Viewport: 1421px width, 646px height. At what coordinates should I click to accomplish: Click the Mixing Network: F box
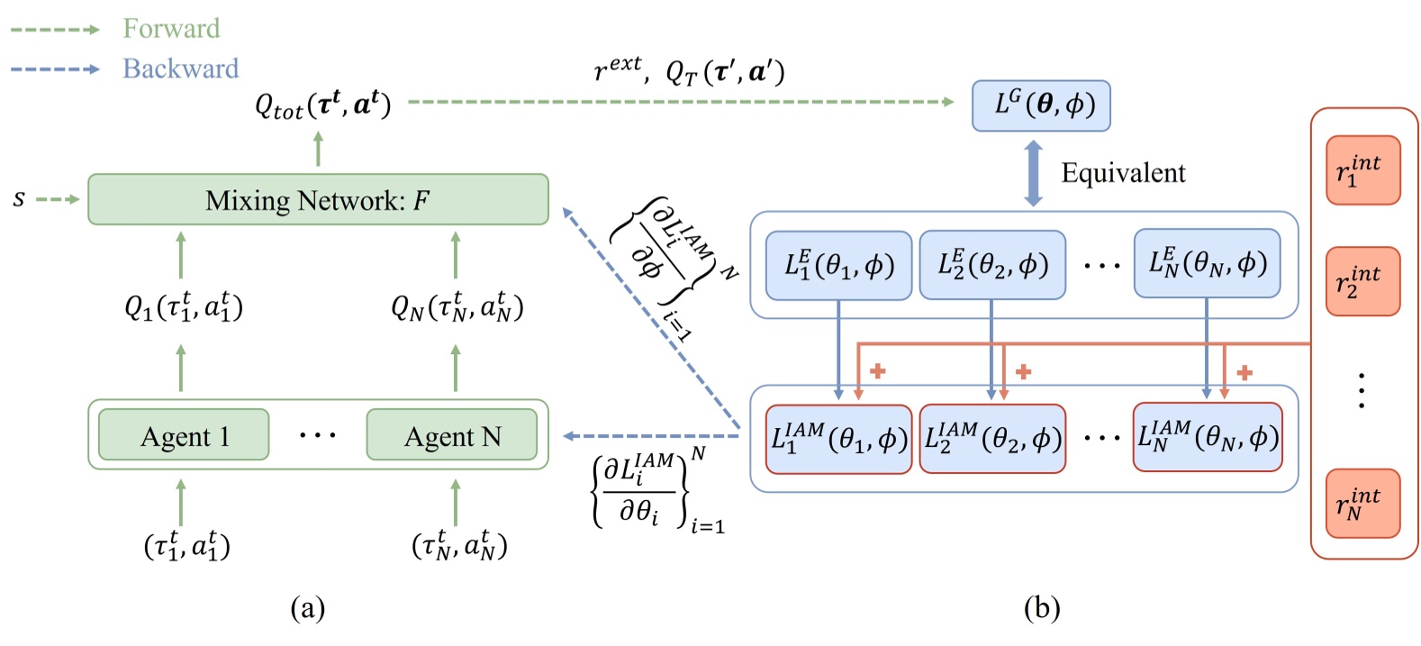318,199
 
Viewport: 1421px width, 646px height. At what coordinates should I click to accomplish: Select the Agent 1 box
184,436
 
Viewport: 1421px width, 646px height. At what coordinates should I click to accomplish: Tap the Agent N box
451,436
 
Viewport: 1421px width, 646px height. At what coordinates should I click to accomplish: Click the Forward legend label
171,29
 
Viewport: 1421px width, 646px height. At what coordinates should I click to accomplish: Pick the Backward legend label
180,68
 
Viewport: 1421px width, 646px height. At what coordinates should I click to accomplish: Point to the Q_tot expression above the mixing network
322,105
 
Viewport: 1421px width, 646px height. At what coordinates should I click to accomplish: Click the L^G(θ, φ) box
1040,105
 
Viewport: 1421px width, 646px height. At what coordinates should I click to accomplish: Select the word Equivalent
1123,173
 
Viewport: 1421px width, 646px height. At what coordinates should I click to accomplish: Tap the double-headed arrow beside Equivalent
1034,173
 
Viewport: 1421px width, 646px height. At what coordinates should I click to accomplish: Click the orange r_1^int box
1362,170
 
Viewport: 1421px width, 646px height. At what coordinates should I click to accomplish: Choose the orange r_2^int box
1362,281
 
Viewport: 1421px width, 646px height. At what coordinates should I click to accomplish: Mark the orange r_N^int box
1362,504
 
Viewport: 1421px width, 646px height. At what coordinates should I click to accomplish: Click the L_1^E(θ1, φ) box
838,265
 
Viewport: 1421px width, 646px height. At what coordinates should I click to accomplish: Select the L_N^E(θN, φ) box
1207,263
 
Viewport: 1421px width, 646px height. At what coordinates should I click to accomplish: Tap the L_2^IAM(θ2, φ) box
992,438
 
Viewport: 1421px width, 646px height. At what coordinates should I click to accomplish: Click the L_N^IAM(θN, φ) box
1207,437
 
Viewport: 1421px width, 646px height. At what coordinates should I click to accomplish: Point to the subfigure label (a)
308,608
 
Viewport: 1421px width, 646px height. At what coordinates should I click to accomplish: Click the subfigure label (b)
1042,608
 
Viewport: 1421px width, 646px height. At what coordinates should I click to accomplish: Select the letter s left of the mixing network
19,198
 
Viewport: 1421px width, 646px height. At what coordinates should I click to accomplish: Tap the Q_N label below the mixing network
457,309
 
